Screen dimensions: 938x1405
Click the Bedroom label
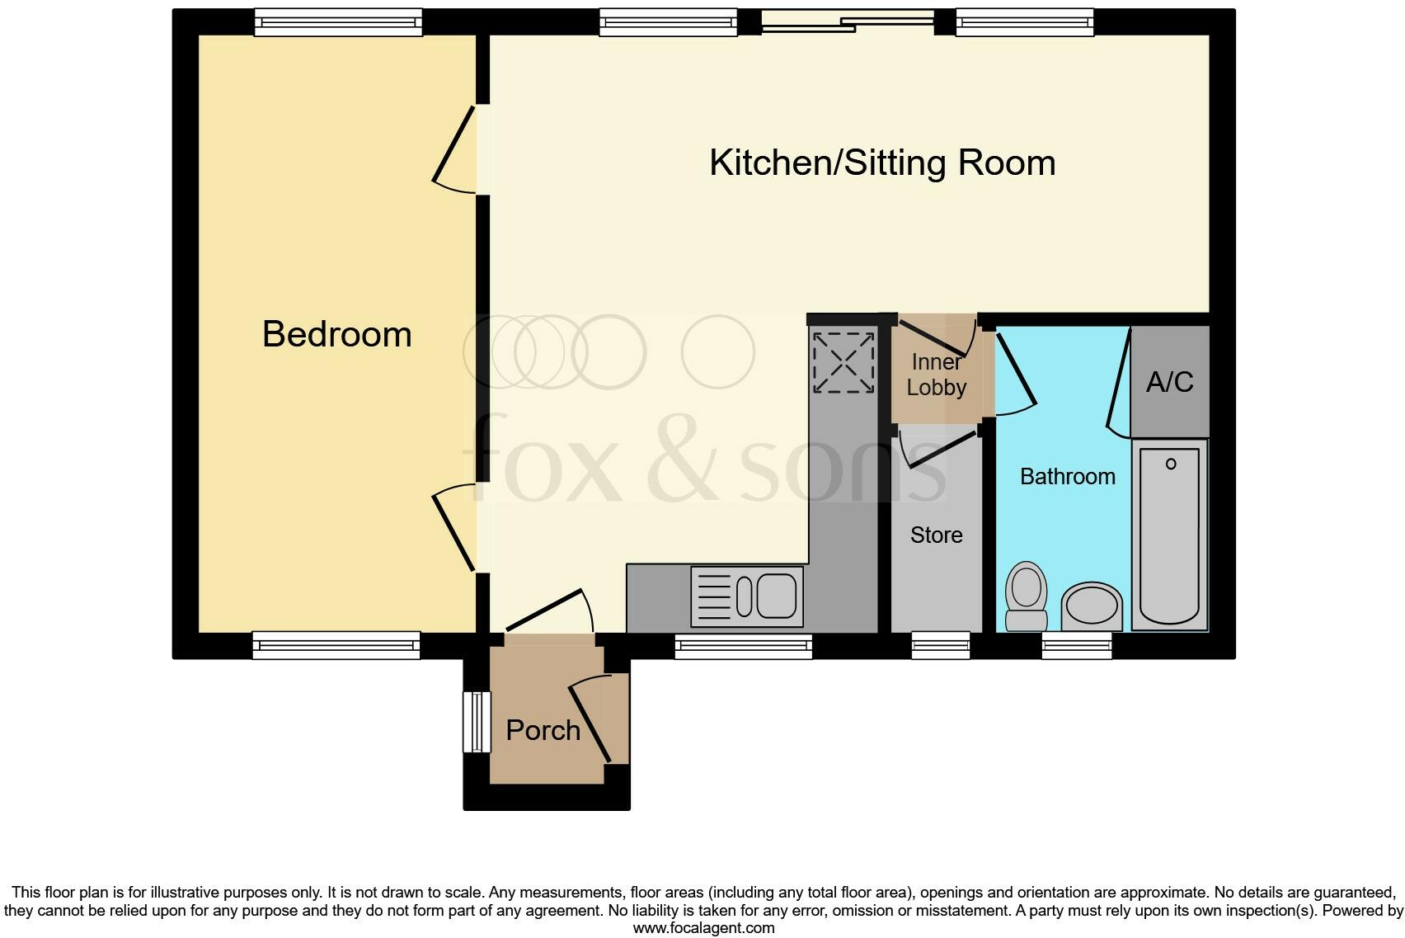[x=336, y=334]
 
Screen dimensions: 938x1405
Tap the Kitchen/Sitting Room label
[x=881, y=163]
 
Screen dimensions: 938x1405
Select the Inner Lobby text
[x=936, y=375]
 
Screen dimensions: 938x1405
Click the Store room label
[x=936, y=535]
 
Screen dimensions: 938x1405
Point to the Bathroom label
[x=1067, y=477]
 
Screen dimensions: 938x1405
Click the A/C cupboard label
[x=1169, y=382]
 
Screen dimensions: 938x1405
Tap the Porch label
[x=543, y=730]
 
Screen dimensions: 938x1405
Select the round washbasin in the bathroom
[x=1092, y=606]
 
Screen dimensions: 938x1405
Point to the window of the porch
[x=477, y=722]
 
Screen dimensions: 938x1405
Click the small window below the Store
[x=940, y=645]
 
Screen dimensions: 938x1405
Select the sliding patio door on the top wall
[x=847, y=22]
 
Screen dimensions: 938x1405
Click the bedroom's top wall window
[x=338, y=22]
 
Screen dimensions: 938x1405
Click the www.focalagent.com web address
[x=703, y=928]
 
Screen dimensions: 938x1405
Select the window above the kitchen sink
[x=743, y=647]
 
